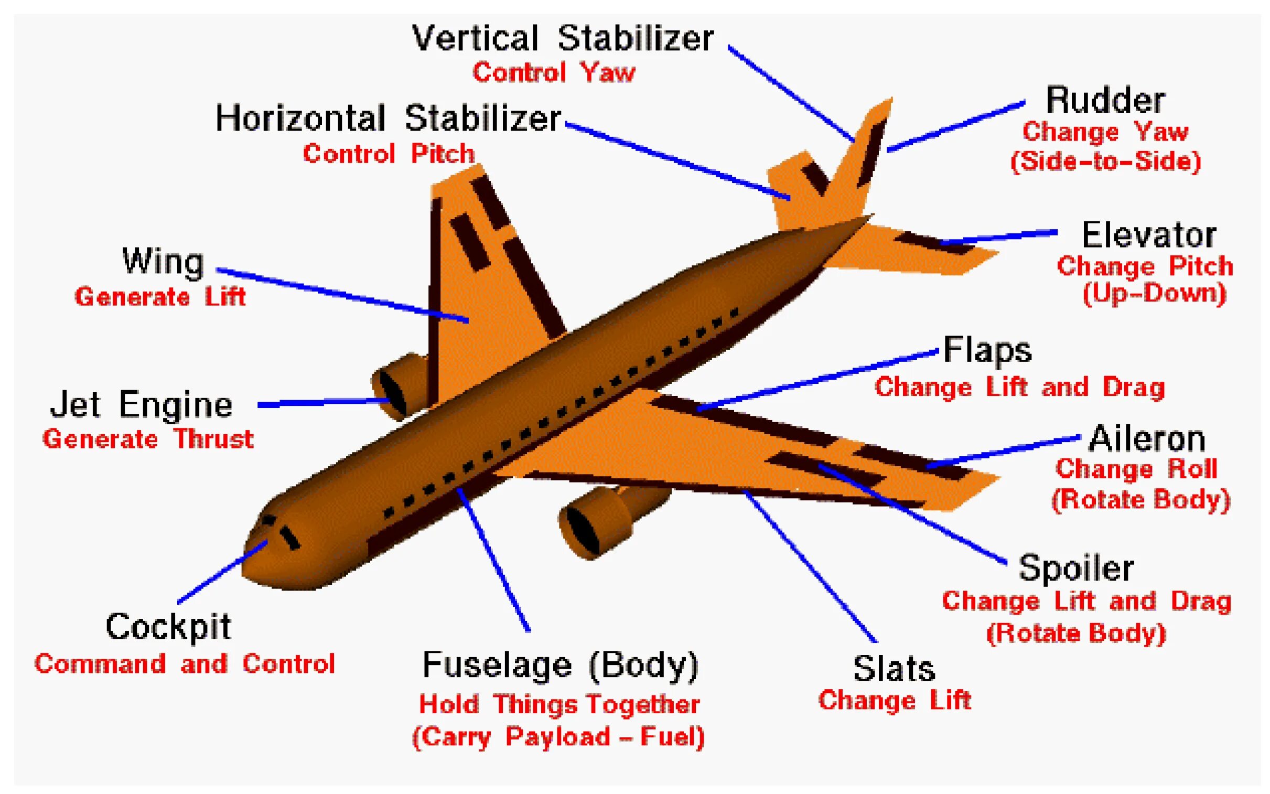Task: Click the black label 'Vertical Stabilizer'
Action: (562, 38)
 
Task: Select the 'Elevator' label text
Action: (1149, 235)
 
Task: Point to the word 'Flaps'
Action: (987, 350)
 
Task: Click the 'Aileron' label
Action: (1147, 438)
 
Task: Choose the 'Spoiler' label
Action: (1077, 568)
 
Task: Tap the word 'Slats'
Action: (894, 669)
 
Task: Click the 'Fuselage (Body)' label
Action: (560, 666)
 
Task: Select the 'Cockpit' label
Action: (168, 627)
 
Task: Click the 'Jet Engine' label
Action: (141, 404)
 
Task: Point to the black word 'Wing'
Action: (163, 261)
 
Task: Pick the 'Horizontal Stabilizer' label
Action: (388, 118)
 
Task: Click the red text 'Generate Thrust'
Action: (148, 439)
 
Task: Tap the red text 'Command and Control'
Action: (184, 664)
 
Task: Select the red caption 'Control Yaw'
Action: (554, 72)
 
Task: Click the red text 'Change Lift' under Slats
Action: (895, 701)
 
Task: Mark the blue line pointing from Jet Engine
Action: (323, 403)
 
